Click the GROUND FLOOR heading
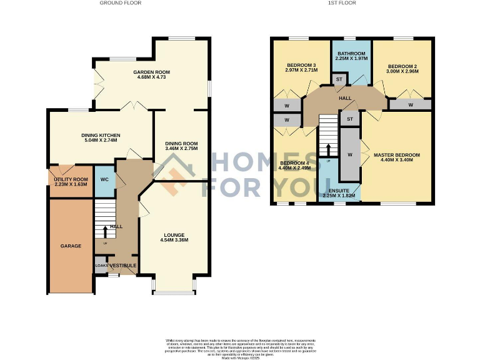(121, 3)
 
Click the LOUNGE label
(174, 236)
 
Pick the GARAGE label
(71, 246)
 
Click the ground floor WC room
(104, 180)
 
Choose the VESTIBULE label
(123, 266)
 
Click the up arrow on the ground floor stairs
(104, 233)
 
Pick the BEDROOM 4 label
(294, 165)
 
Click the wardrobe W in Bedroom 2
(410, 105)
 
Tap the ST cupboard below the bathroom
(339, 79)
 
